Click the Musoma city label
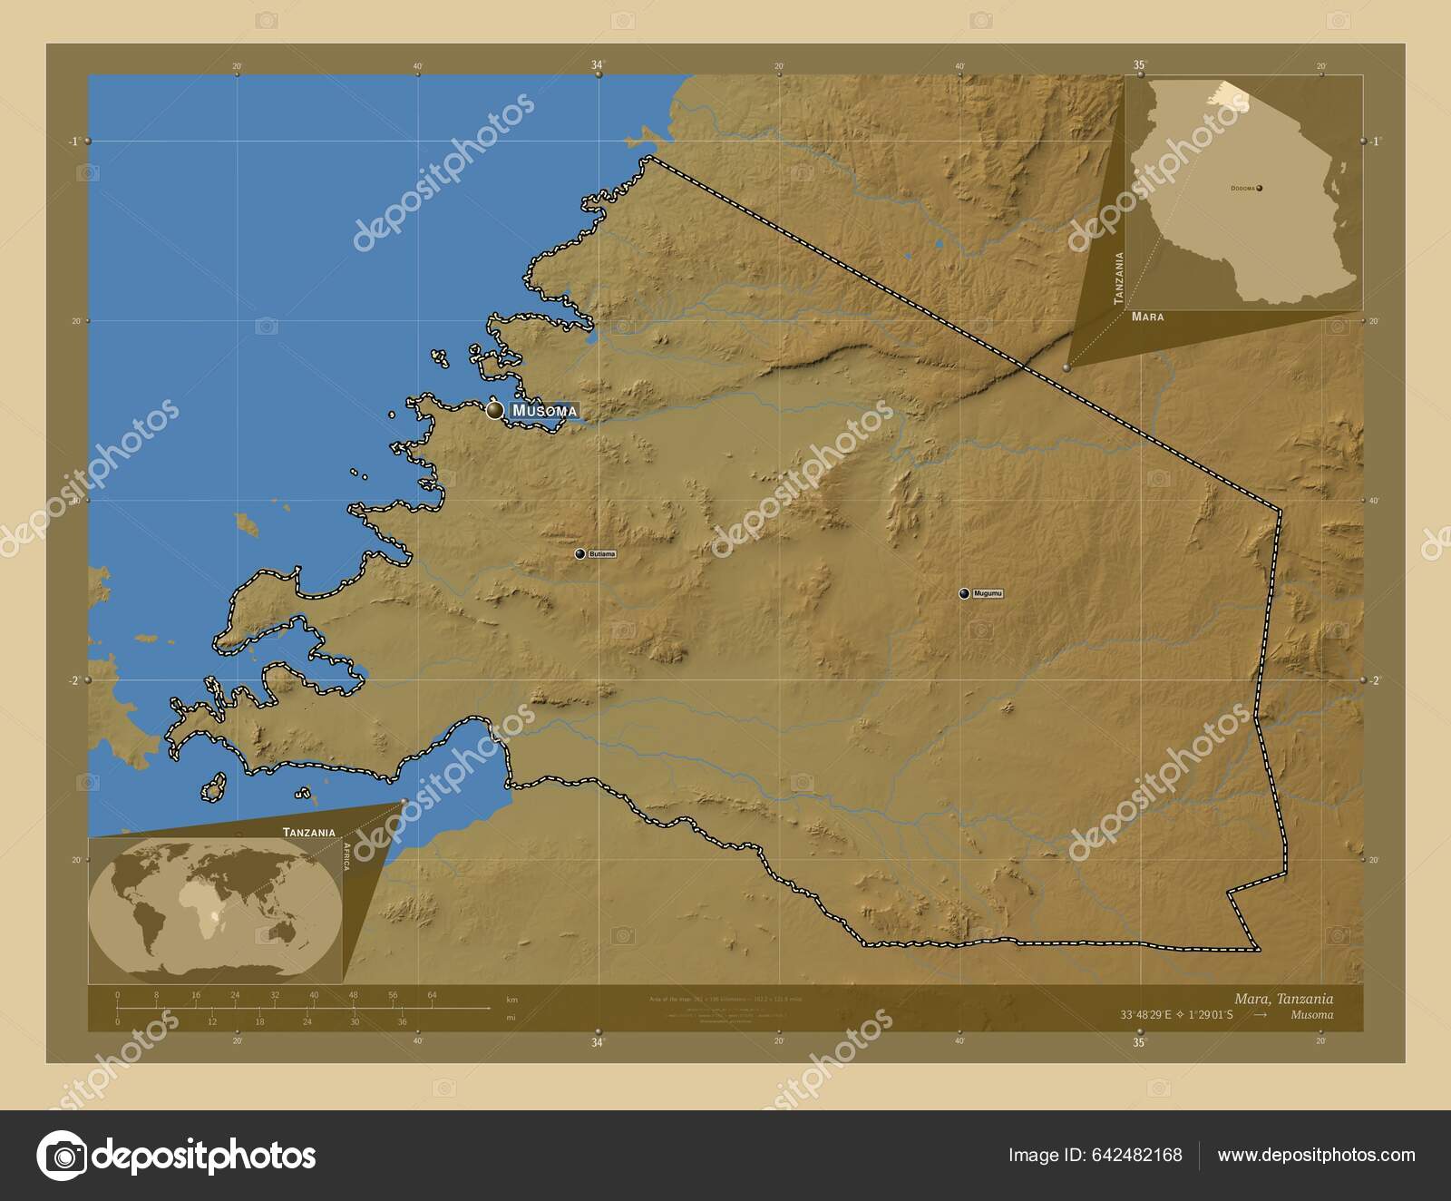[543, 411]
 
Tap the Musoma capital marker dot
[494, 411]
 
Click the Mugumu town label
[988, 594]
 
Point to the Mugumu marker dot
[964, 594]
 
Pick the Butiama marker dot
[579, 553]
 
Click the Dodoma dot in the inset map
[1260, 188]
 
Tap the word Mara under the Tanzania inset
[1147, 317]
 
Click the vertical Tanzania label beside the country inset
[1120, 278]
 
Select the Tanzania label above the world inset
[308, 832]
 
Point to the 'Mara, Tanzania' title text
[1283, 999]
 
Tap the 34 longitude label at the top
[597, 64]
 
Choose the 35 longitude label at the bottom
[1139, 1043]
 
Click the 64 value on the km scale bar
[433, 995]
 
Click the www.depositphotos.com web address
[1316, 1155]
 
